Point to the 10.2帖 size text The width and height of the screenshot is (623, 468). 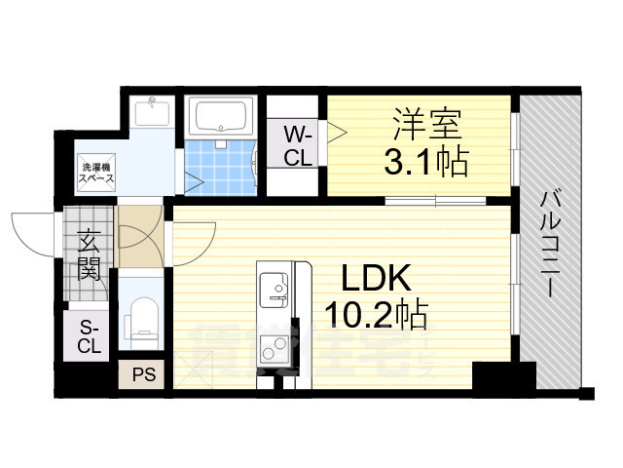(x=377, y=313)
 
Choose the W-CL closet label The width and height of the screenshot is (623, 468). (x=298, y=145)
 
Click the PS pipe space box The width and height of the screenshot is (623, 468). (x=141, y=373)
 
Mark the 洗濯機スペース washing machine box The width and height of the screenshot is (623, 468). (x=97, y=173)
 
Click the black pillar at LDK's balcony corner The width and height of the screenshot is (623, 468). (x=502, y=375)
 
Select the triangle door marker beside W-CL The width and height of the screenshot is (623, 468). (x=333, y=131)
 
